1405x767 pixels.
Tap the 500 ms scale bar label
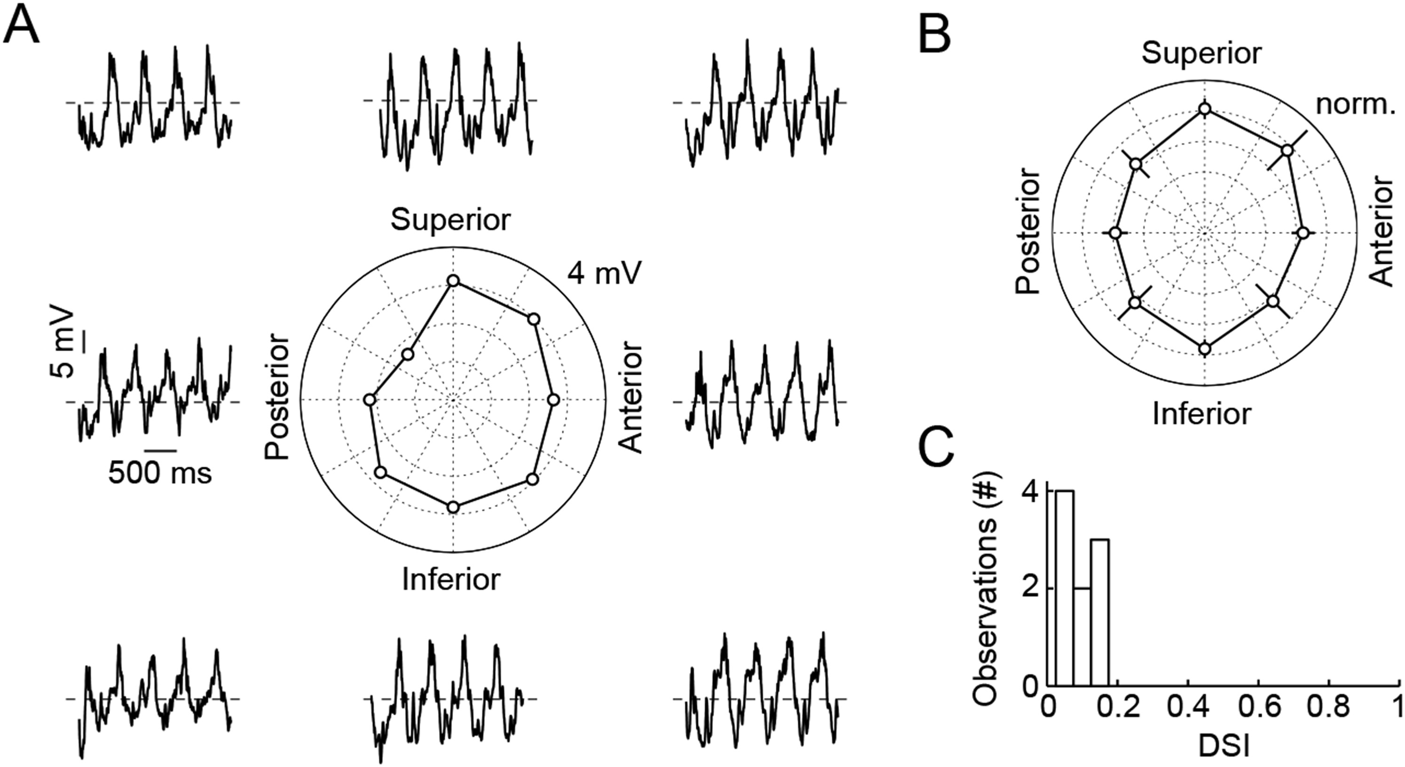(x=160, y=473)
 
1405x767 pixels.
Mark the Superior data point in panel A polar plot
(x=453, y=281)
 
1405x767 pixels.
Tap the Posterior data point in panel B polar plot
(x=1115, y=233)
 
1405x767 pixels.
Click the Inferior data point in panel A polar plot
(x=453, y=507)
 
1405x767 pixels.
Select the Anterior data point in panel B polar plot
(x=1303, y=233)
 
